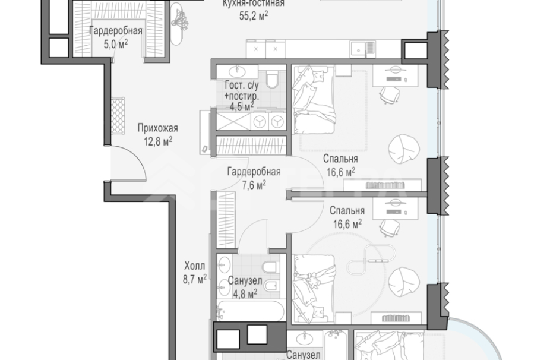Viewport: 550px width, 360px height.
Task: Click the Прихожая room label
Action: [157, 128]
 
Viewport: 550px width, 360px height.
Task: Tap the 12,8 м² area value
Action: [157, 141]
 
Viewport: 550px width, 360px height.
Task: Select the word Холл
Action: [194, 266]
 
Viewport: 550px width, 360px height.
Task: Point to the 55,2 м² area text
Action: [254, 16]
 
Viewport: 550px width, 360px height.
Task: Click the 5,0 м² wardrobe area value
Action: [115, 44]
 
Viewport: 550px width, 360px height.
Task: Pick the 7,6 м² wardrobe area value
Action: [254, 185]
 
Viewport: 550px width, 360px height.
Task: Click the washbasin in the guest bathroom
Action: [237, 71]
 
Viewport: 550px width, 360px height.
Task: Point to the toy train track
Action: [371, 259]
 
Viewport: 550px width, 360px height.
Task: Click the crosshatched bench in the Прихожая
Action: [118, 116]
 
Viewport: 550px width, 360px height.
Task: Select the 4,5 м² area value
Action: [241, 106]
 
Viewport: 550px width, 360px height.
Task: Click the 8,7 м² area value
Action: [194, 279]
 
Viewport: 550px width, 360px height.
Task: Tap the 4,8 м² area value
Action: [245, 293]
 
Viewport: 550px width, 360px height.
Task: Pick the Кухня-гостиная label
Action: [253, 4]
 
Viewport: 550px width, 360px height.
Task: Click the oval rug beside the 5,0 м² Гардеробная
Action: [176, 24]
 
